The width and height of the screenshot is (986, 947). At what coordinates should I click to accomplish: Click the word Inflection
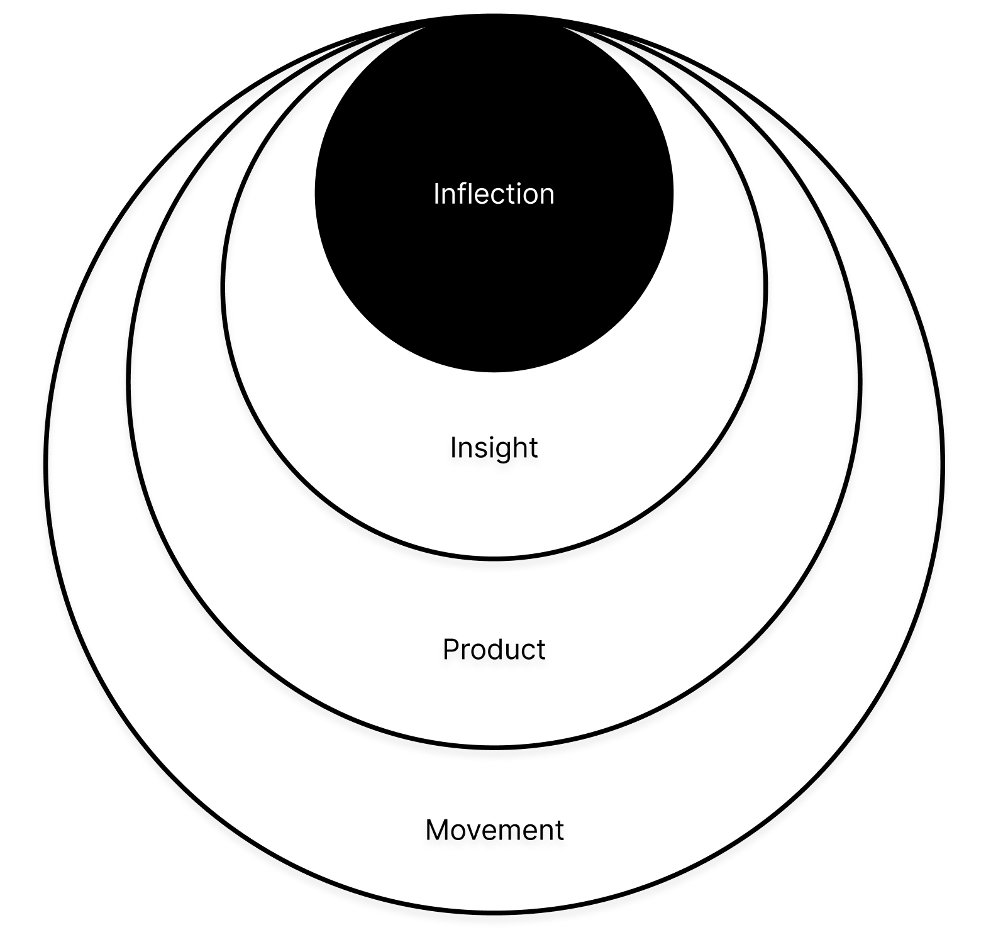pyautogui.click(x=494, y=194)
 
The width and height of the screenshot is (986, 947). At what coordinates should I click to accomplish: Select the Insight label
pyautogui.click(x=494, y=448)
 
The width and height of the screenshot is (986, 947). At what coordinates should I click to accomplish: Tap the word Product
pyautogui.click(x=494, y=649)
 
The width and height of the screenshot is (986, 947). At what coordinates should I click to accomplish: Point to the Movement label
pyautogui.click(x=494, y=829)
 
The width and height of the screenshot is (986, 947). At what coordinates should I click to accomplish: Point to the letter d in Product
pyautogui.click(x=499, y=649)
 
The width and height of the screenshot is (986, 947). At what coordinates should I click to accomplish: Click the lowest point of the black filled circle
pyautogui.click(x=494, y=371)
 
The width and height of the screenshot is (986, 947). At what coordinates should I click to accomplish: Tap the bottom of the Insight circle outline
pyautogui.click(x=494, y=557)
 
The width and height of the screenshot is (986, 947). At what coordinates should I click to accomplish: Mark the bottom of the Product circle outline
pyautogui.click(x=494, y=746)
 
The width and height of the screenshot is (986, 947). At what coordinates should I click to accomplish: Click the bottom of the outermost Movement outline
pyautogui.click(x=494, y=911)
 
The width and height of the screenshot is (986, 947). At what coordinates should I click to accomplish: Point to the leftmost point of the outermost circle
pyautogui.click(x=47, y=465)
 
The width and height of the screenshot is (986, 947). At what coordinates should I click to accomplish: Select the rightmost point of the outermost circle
pyautogui.click(x=942, y=465)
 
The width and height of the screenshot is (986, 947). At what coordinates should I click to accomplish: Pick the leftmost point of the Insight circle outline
pyautogui.click(x=223, y=287)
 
